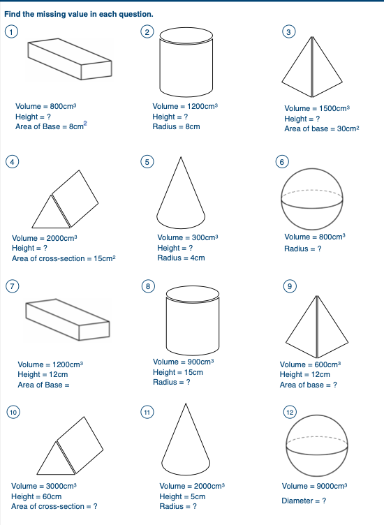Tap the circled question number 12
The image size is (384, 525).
point(290,413)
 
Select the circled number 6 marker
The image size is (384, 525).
point(282,161)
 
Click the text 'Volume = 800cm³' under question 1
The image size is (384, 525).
point(45,107)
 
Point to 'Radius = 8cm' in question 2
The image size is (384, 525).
point(176,126)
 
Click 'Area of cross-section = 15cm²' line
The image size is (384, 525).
point(63,258)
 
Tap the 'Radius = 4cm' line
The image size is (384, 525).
point(181,258)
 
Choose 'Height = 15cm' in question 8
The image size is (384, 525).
point(177,372)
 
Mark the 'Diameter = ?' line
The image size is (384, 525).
point(304,501)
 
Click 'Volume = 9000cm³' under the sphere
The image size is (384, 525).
point(314,486)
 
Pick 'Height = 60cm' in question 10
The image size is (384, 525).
point(36,496)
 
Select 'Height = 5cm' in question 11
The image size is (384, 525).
point(182,496)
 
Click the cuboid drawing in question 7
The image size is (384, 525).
point(67,318)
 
